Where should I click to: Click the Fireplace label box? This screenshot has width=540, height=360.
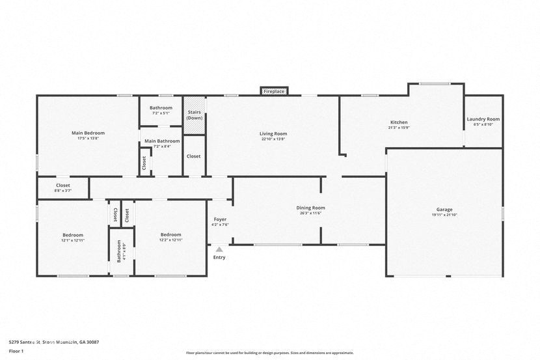tap(274, 92)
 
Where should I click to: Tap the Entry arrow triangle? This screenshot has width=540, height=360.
tap(219, 249)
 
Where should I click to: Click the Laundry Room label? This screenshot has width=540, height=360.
tap(483, 119)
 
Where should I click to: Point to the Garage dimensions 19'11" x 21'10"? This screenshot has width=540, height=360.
tap(444, 215)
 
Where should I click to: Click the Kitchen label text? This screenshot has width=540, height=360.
tap(399, 122)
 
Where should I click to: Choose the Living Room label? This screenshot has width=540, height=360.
tap(273, 133)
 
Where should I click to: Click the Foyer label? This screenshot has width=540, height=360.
tap(220, 219)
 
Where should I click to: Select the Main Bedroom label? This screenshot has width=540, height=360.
tap(88, 133)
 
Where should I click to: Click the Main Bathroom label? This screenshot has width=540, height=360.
tap(161, 141)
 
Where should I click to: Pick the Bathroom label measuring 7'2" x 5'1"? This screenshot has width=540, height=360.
tap(161, 107)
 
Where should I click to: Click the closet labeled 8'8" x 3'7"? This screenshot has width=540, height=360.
tap(62, 187)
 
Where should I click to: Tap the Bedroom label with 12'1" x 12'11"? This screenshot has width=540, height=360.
tap(73, 235)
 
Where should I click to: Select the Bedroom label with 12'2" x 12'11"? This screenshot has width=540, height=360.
tap(171, 235)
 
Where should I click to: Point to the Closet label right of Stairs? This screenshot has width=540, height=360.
tap(193, 156)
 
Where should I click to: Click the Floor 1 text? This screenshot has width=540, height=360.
tap(16, 351)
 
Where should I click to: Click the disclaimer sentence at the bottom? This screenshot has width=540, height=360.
tap(269, 353)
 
